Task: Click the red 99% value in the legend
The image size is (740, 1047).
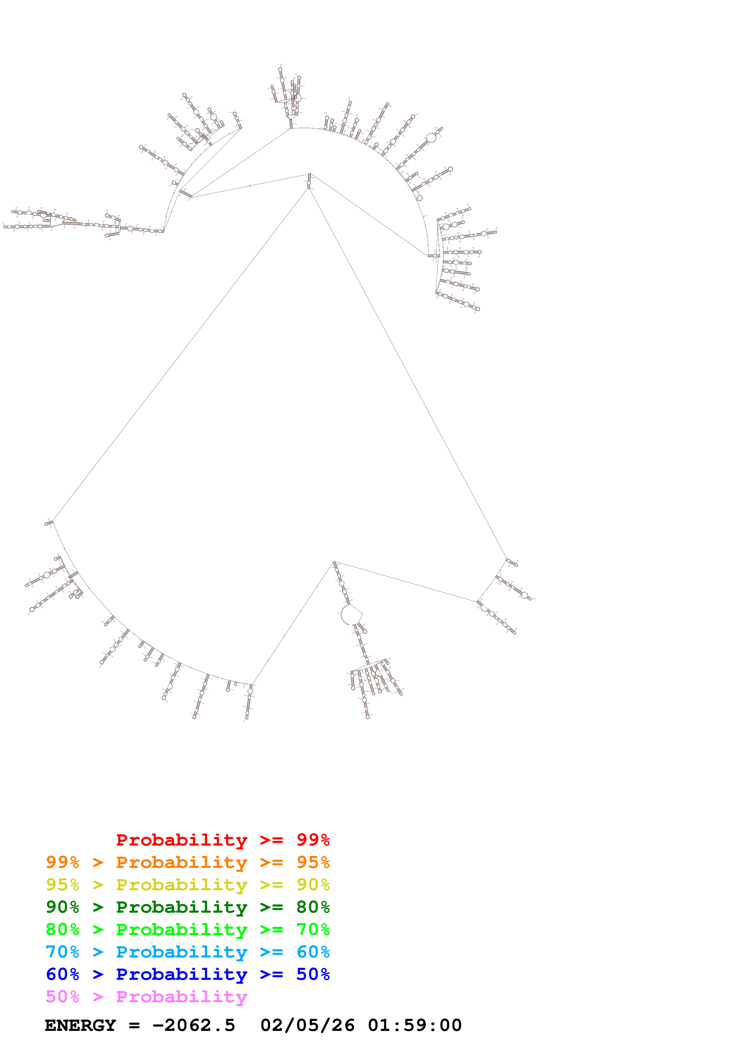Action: click(313, 840)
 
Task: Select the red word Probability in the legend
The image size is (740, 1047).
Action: click(181, 840)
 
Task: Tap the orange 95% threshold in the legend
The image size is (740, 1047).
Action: click(313, 862)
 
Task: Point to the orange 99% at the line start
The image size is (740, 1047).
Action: click(62, 862)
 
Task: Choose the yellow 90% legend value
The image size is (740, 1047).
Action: click(313, 885)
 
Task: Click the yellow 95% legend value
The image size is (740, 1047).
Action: click(62, 885)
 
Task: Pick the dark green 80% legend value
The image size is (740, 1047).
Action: click(313, 907)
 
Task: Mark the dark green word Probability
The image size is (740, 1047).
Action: click(181, 907)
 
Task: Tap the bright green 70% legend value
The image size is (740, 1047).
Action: click(313, 929)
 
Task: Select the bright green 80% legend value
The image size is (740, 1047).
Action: click(62, 929)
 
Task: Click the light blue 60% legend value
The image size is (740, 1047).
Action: click(313, 952)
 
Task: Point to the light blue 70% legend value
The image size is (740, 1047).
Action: click(62, 952)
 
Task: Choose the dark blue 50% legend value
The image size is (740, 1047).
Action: click(313, 974)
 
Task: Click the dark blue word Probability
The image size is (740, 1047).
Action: click(181, 974)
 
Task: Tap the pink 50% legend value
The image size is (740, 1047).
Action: click(62, 996)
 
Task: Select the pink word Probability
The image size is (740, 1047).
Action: click(181, 996)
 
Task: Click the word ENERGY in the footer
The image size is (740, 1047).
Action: click(80, 1025)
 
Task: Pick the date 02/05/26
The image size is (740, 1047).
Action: click(307, 1025)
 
